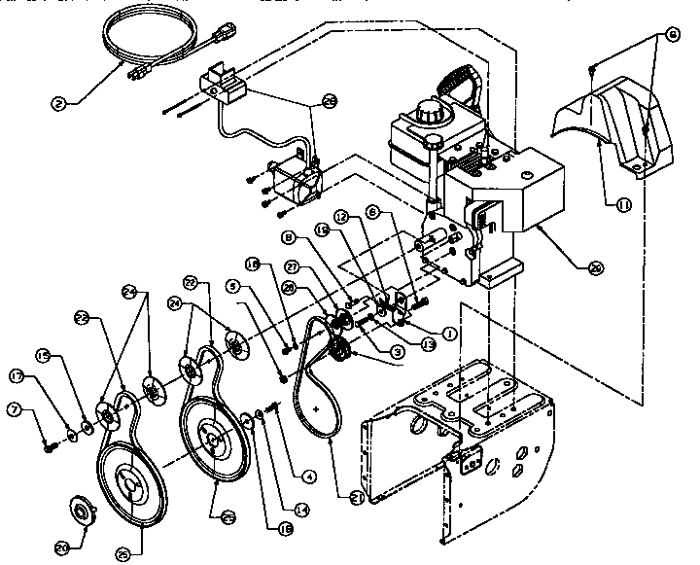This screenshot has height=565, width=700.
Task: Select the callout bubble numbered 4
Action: click(x=307, y=476)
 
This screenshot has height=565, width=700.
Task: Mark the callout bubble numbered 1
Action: click(x=449, y=333)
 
